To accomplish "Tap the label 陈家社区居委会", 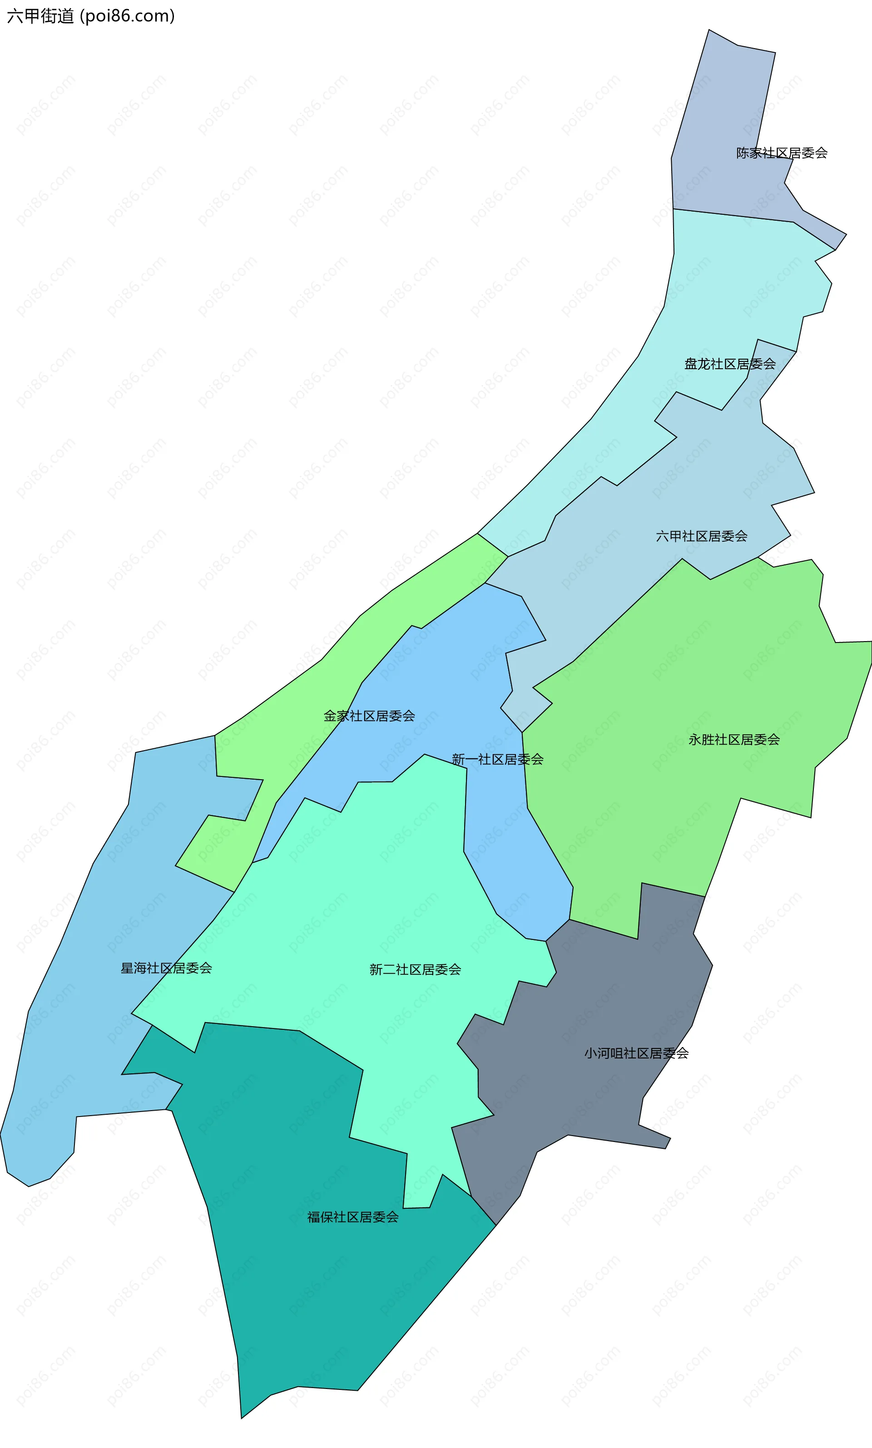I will pos(782,153).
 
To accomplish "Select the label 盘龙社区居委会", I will pos(730,364).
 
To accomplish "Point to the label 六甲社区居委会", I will pos(701,536).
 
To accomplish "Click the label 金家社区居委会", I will pos(369,716).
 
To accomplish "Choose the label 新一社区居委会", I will pos(497,759).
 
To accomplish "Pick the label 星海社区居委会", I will pos(166,968).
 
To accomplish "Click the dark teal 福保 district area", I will pos(306,1292).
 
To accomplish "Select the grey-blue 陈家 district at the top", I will pos(723,106).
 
